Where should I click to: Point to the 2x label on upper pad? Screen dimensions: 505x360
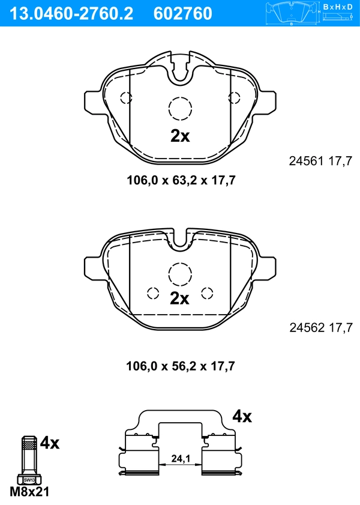(x=179, y=136)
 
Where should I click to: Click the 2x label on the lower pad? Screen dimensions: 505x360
(x=179, y=298)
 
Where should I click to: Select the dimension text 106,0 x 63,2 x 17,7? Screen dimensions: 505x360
(x=179, y=180)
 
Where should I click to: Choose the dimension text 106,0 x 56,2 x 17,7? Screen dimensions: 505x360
(x=179, y=366)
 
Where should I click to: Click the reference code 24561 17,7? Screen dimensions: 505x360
(x=320, y=161)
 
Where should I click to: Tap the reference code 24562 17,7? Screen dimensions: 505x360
(x=320, y=328)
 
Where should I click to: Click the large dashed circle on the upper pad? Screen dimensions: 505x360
(x=180, y=109)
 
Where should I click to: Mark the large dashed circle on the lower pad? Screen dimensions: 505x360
(x=180, y=274)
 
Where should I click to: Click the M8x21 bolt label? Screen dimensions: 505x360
(x=29, y=492)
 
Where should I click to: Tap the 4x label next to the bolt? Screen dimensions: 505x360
(x=50, y=444)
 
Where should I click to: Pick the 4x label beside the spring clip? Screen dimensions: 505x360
(x=242, y=416)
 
